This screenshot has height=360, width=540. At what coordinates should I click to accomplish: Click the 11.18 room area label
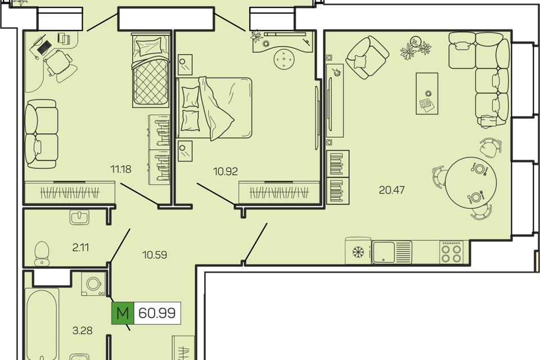[x=121, y=169]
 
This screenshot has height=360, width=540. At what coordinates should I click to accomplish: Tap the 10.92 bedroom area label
[x=225, y=171]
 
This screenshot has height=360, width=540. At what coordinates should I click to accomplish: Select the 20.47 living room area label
[x=391, y=190]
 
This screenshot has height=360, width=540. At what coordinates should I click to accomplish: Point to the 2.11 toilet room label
[x=80, y=247]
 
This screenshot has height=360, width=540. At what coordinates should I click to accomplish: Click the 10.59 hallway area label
[x=155, y=255]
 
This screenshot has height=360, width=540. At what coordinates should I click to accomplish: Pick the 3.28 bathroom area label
[x=82, y=331]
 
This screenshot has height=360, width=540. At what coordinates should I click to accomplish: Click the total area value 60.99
[x=157, y=313]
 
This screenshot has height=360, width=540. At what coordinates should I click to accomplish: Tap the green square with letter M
[x=123, y=313]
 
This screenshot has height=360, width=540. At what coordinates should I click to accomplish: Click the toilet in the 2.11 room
[x=42, y=253]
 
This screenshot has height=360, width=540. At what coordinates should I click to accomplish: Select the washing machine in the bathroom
[x=93, y=284]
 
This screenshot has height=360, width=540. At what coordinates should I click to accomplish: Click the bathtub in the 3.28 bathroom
[x=42, y=324]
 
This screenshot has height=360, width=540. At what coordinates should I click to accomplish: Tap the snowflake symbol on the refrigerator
[x=358, y=252]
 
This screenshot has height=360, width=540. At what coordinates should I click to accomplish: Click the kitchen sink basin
[x=383, y=252]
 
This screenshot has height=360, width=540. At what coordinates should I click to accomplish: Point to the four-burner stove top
[x=452, y=253]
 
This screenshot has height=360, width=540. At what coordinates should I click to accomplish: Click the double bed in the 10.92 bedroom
[x=214, y=108]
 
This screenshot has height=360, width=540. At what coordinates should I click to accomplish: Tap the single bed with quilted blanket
[x=151, y=70]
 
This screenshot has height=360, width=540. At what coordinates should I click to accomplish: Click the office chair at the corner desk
[x=59, y=65]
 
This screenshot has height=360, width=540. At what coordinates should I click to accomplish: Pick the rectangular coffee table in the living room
[x=427, y=93]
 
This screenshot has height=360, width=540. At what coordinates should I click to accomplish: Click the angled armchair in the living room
[x=367, y=57]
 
